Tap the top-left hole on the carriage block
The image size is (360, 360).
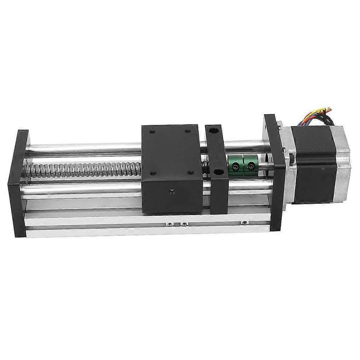pyautogui.click(x=151, y=131)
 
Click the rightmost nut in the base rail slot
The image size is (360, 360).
pyautogui.click(x=245, y=223)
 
